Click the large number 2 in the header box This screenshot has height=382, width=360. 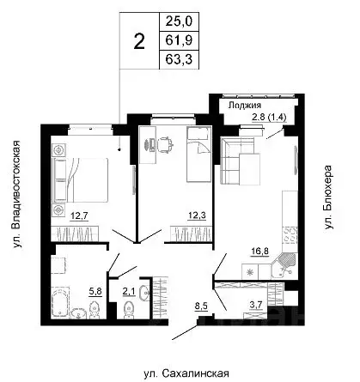pos(137,42)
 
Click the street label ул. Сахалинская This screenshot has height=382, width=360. pos(186,373)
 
